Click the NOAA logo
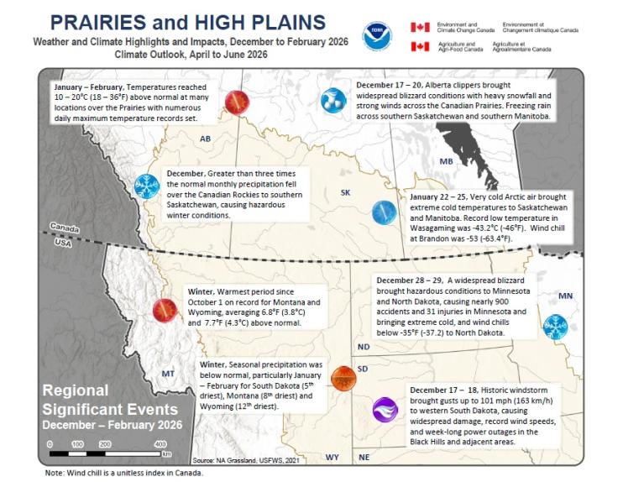click(x=375, y=35)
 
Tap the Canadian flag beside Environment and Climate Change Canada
click(x=420, y=27)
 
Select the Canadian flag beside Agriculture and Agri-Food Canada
click(x=420, y=46)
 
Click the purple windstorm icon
click(x=384, y=410)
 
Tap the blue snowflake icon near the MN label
click(x=555, y=325)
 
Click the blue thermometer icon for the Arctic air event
click(x=384, y=212)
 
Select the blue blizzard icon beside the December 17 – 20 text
click(x=332, y=101)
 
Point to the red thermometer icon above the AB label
click(x=236, y=102)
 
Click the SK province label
click(x=345, y=193)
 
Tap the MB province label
click(x=448, y=160)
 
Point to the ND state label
click(x=363, y=347)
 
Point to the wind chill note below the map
click(x=123, y=474)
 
